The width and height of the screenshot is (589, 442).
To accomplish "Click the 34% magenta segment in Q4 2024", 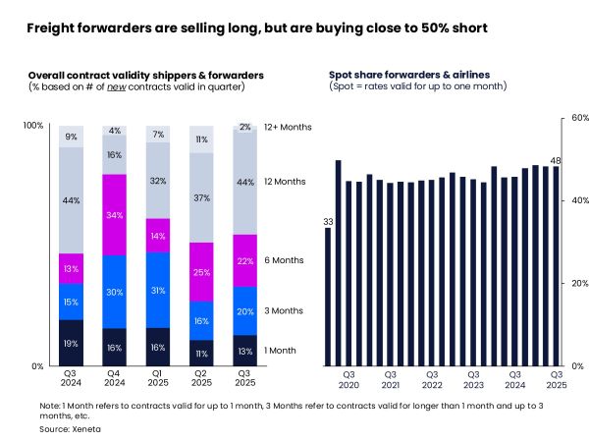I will (115, 215).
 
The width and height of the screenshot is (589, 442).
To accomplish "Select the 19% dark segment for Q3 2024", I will (72, 343).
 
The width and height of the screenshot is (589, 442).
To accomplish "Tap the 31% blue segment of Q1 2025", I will (158, 290).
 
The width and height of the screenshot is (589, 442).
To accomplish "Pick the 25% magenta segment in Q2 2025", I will (201, 272).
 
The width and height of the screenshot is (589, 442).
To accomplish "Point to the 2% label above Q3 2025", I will (244, 127).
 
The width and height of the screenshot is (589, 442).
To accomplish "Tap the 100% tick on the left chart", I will (33, 126).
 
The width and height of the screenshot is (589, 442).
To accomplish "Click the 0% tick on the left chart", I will (37, 366).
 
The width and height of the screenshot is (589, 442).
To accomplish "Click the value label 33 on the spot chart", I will (328, 222).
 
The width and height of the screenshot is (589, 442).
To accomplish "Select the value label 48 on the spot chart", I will (555, 161).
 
